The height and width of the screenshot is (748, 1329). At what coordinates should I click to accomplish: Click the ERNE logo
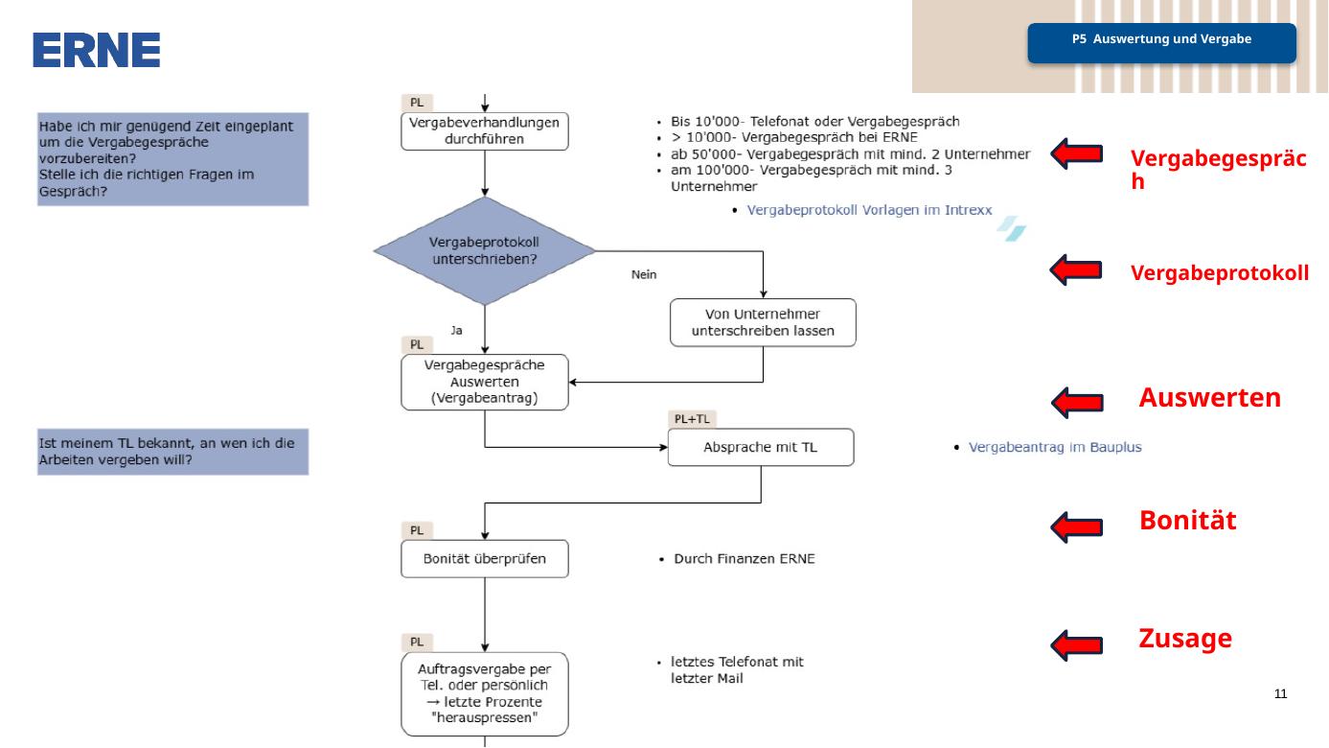point(96,50)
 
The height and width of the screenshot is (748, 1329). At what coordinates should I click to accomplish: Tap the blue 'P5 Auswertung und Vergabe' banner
point(1161,43)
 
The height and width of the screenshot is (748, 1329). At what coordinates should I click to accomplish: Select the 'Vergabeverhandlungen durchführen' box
point(485,131)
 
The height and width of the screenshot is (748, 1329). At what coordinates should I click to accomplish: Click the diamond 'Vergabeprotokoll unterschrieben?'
point(485,251)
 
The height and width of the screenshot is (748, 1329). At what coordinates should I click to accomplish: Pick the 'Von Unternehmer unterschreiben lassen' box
point(763,322)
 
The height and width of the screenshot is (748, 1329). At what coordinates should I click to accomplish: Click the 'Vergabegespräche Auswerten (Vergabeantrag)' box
point(485,382)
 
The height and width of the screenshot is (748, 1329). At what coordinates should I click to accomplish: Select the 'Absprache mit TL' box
point(761,447)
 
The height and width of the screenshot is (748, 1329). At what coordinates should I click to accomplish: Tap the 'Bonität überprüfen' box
point(485,559)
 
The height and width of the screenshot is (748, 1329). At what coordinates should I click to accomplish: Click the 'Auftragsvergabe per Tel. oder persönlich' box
point(485,694)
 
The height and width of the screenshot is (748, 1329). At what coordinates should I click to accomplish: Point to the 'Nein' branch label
point(644,274)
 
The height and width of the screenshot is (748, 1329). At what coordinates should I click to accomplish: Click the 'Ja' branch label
point(456,330)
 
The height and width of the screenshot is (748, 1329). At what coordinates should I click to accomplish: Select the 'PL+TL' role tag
point(692,419)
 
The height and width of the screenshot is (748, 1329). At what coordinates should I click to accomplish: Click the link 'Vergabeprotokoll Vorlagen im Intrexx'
point(869,210)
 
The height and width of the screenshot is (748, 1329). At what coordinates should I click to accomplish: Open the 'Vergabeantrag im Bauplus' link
point(1055,447)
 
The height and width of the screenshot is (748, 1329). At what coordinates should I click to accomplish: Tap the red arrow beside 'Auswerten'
point(1077,403)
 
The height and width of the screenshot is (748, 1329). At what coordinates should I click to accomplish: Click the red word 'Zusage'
point(1185,638)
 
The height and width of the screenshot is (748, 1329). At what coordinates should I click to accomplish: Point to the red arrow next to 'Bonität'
point(1076,526)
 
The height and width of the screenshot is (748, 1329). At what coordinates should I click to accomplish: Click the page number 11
point(1280,693)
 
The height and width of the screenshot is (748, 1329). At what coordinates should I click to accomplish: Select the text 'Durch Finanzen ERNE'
point(744,559)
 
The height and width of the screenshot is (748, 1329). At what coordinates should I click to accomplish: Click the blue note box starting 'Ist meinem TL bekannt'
point(172,452)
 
